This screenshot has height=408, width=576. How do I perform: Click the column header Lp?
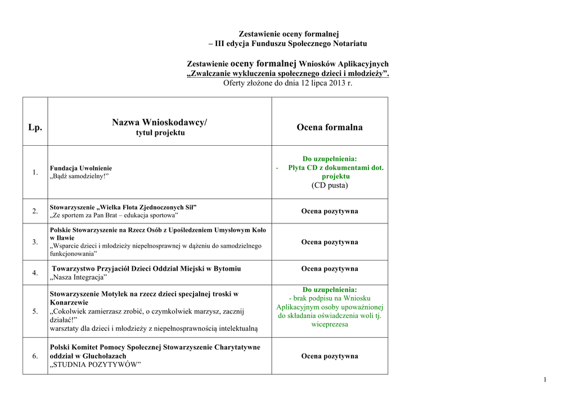pyautogui.click(x=35, y=127)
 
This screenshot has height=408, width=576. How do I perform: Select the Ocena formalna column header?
pyautogui.click(x=330, y=127)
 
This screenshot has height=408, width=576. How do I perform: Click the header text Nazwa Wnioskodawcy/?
pyautogui.click(x=159, y=122)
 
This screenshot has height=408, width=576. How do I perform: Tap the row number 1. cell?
pyautogui.click(x=35, y=172)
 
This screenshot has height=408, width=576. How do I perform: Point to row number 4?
pyautogui.click(x=35, y=273)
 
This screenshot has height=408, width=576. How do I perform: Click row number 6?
pyautogui.click(x=35, y=356)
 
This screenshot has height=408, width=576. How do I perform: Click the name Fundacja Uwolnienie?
pyautogui.click(x=81, y=168)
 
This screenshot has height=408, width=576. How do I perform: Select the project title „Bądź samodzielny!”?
pyautogui.click(x=79, y=177)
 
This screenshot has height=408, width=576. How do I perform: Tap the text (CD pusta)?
pyautogui.click(x=330, y=185)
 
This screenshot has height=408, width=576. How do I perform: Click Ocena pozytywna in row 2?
pyautogui.click(x=330, y=211)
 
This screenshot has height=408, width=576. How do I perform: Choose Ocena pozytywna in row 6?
pyautogui.click(x=330, y=356)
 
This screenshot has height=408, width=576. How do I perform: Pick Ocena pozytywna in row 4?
pyautogui.click(x=330, y=269)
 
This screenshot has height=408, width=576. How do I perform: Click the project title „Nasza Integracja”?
pyautogui.click(x=79, y=277)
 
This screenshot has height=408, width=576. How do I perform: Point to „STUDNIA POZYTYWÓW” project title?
pyautogui.click(x=95, y=365)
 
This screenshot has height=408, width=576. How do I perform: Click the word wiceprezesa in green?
pyautogui.click(x=330, y=324)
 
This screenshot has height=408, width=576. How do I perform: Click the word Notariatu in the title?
pyautogui.click(x=349, y=43)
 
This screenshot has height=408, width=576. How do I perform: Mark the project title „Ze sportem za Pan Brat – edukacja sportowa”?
pyautogui.click(x=114, y=216)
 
